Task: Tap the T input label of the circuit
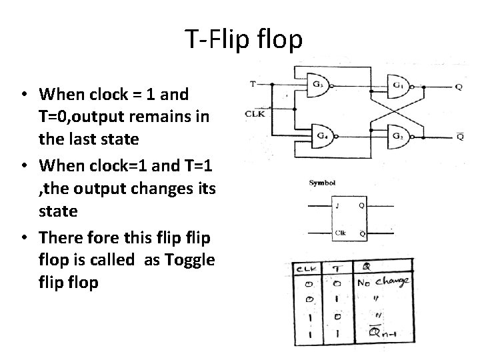tap(252, 84)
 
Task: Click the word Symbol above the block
tap(322, 182)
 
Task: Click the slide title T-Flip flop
tap(243, 40)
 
